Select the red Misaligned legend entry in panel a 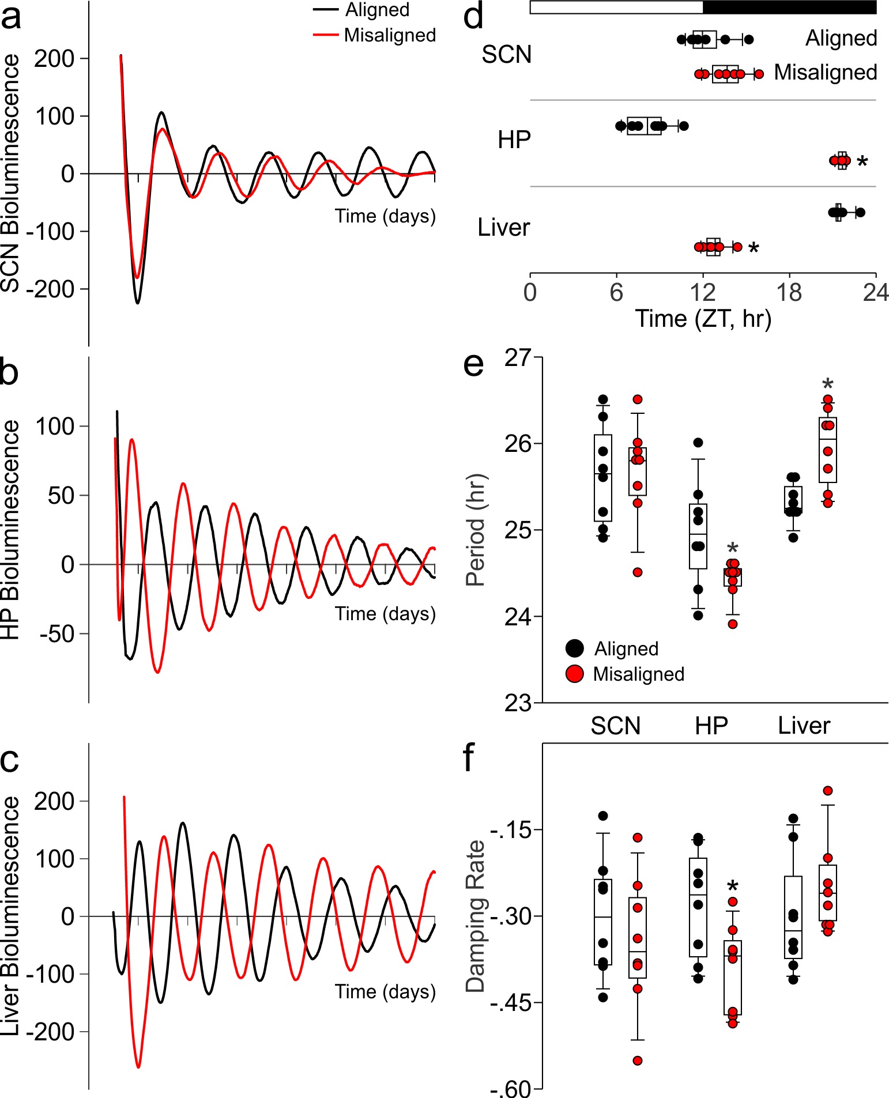coord(374,36)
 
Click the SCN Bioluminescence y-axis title coord(10,173)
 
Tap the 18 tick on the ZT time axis coord(789,293)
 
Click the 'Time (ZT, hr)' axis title coord(703,319)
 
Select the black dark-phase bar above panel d coord(789,7)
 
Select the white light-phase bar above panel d coord(616,7)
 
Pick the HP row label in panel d coord(514,140)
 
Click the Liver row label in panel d coord(503,228)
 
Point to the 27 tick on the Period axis coord(518,358)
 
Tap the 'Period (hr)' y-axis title coord(476,530)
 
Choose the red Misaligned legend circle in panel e coord(575,674)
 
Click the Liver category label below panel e coord(804,726)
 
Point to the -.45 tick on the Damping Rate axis coord(510,1003)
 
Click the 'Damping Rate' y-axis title coord(476,916)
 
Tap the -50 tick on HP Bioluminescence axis coord(58,634)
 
